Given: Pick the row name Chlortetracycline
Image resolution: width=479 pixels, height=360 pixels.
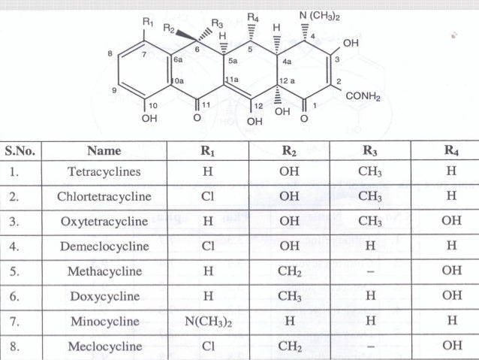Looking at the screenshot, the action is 104,197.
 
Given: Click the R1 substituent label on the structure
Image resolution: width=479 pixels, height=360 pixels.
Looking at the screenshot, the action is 146,23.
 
